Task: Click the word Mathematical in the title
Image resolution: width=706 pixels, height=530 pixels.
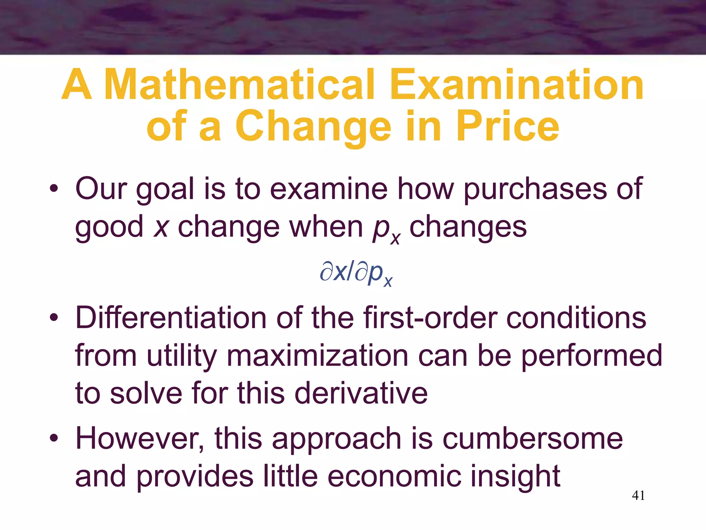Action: pyautogui.click(x=239, y=85)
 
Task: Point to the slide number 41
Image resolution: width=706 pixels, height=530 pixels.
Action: pyautogui.click(x=638, y=495)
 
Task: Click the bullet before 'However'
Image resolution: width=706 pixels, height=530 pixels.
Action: pyautogui.click(x=53, y=439)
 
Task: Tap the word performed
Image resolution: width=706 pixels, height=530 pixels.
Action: pyautogui.click(x=591, y=356)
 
